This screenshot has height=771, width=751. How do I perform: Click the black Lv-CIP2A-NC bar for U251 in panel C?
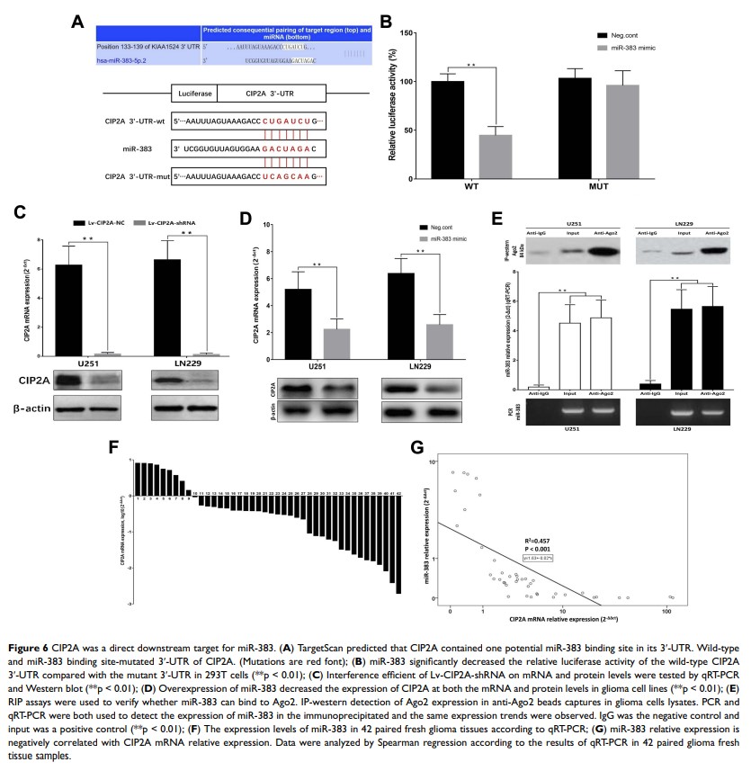[67, 285]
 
